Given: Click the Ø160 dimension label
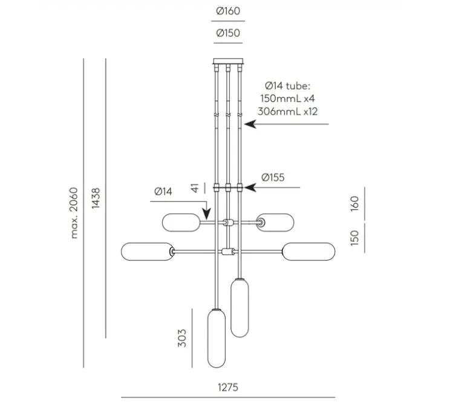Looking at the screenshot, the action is point(228,11).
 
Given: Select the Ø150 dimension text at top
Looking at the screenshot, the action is point(228,33).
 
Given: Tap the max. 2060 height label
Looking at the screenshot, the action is point(74,213).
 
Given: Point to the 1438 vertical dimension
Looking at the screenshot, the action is point(96,198).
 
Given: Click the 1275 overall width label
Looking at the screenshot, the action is point(228,388).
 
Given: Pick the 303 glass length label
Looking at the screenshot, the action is point(182,338).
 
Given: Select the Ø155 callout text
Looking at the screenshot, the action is point(273,177).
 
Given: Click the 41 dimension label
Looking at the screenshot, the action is point(195,188).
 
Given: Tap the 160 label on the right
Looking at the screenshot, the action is point(354,204).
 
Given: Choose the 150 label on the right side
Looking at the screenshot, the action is point(354,238).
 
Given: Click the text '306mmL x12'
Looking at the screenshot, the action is point(287,111).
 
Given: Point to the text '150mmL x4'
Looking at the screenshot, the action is point(287,99).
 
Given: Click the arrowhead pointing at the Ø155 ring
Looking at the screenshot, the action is point(249,187).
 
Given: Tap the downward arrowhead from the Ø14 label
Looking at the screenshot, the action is point(206,214).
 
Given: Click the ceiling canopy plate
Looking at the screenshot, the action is point(228,61).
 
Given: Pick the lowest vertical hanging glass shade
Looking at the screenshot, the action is point(217,338).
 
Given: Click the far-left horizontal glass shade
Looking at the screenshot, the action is point(148,252).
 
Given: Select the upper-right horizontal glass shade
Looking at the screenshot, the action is point(275,223).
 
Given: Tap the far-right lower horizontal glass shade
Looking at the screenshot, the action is point(308,252).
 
